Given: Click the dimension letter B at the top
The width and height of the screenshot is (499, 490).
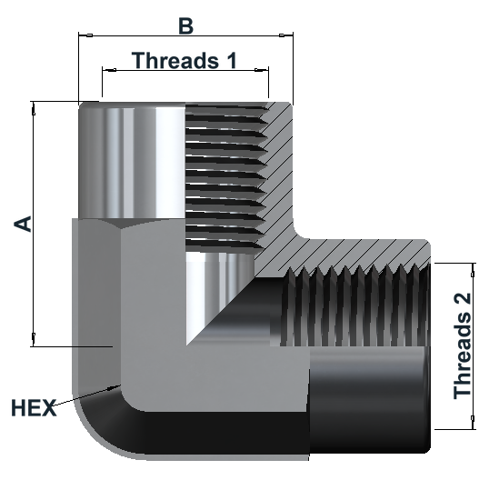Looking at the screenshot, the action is click(185, 26).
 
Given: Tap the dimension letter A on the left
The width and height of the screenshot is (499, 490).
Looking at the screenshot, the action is click(23, 224).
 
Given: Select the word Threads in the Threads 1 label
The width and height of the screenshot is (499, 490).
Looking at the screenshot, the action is click(175, 60).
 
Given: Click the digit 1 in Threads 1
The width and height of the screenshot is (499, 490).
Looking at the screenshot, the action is click(232, 60).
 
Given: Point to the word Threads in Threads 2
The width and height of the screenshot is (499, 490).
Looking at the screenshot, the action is click(463, 355).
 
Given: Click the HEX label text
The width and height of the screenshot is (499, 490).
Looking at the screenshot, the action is click(34, 408).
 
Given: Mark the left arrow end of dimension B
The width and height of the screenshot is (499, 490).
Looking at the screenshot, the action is click(79, 35).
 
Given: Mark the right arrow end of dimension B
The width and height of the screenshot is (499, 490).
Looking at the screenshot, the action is click(293, 35).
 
